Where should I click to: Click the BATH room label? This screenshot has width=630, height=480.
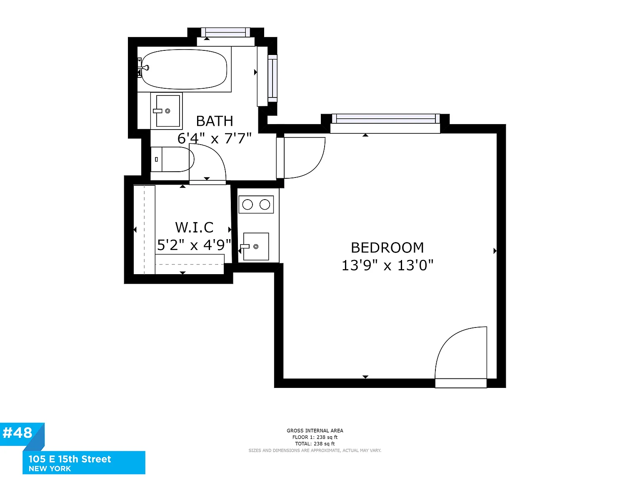[x=215, y=121]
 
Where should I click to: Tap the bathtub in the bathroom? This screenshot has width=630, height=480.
[x=184, y=69]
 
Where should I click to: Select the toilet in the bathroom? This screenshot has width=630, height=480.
[x=172, y=159]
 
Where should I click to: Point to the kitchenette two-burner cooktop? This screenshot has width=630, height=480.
[x=256, y=205]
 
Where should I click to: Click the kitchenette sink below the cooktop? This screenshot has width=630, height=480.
[x=256, y=246]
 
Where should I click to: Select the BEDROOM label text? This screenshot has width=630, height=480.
[x=387, y=247]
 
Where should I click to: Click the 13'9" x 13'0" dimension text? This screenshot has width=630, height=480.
[x=387, y=265]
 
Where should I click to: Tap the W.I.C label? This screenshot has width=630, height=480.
[x=194, y=227]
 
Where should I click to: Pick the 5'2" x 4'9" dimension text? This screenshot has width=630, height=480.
[x=194, y=245]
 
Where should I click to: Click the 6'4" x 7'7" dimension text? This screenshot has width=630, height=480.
[x=215, y=138]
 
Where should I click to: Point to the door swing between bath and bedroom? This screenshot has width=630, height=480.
[x=317, y=166]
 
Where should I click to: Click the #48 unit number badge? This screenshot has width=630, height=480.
[x=17, y=432]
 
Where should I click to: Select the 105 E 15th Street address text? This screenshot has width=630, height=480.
[x=70, y=459]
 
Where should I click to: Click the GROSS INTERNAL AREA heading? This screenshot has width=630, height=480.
[x=315, y=431]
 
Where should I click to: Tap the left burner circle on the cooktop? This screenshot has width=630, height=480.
[x=247, y=205]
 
